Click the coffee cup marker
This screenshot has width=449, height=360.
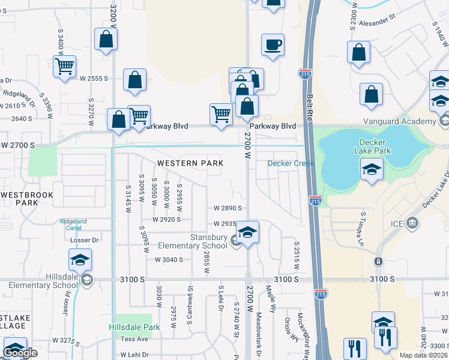click(x=273, y=45)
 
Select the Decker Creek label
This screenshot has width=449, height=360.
click(x=291, y=163)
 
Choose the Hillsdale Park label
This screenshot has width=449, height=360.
click(x=134, y=328)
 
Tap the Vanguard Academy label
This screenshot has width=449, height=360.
click(x=399, y=122)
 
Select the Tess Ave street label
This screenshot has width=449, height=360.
click(x=134, y=339)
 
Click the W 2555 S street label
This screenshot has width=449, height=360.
click(x=93, y=79)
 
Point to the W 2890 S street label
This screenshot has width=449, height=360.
click(x=228, y=208)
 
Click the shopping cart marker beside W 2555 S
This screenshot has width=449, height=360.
click(x=64, y=66)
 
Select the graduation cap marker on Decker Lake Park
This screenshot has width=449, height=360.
click(x=372, y=170)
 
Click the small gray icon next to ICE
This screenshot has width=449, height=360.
click(x=412, y=223)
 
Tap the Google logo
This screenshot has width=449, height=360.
click(x=20, y=353)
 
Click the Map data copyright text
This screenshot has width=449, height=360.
click(x=424, y=355)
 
